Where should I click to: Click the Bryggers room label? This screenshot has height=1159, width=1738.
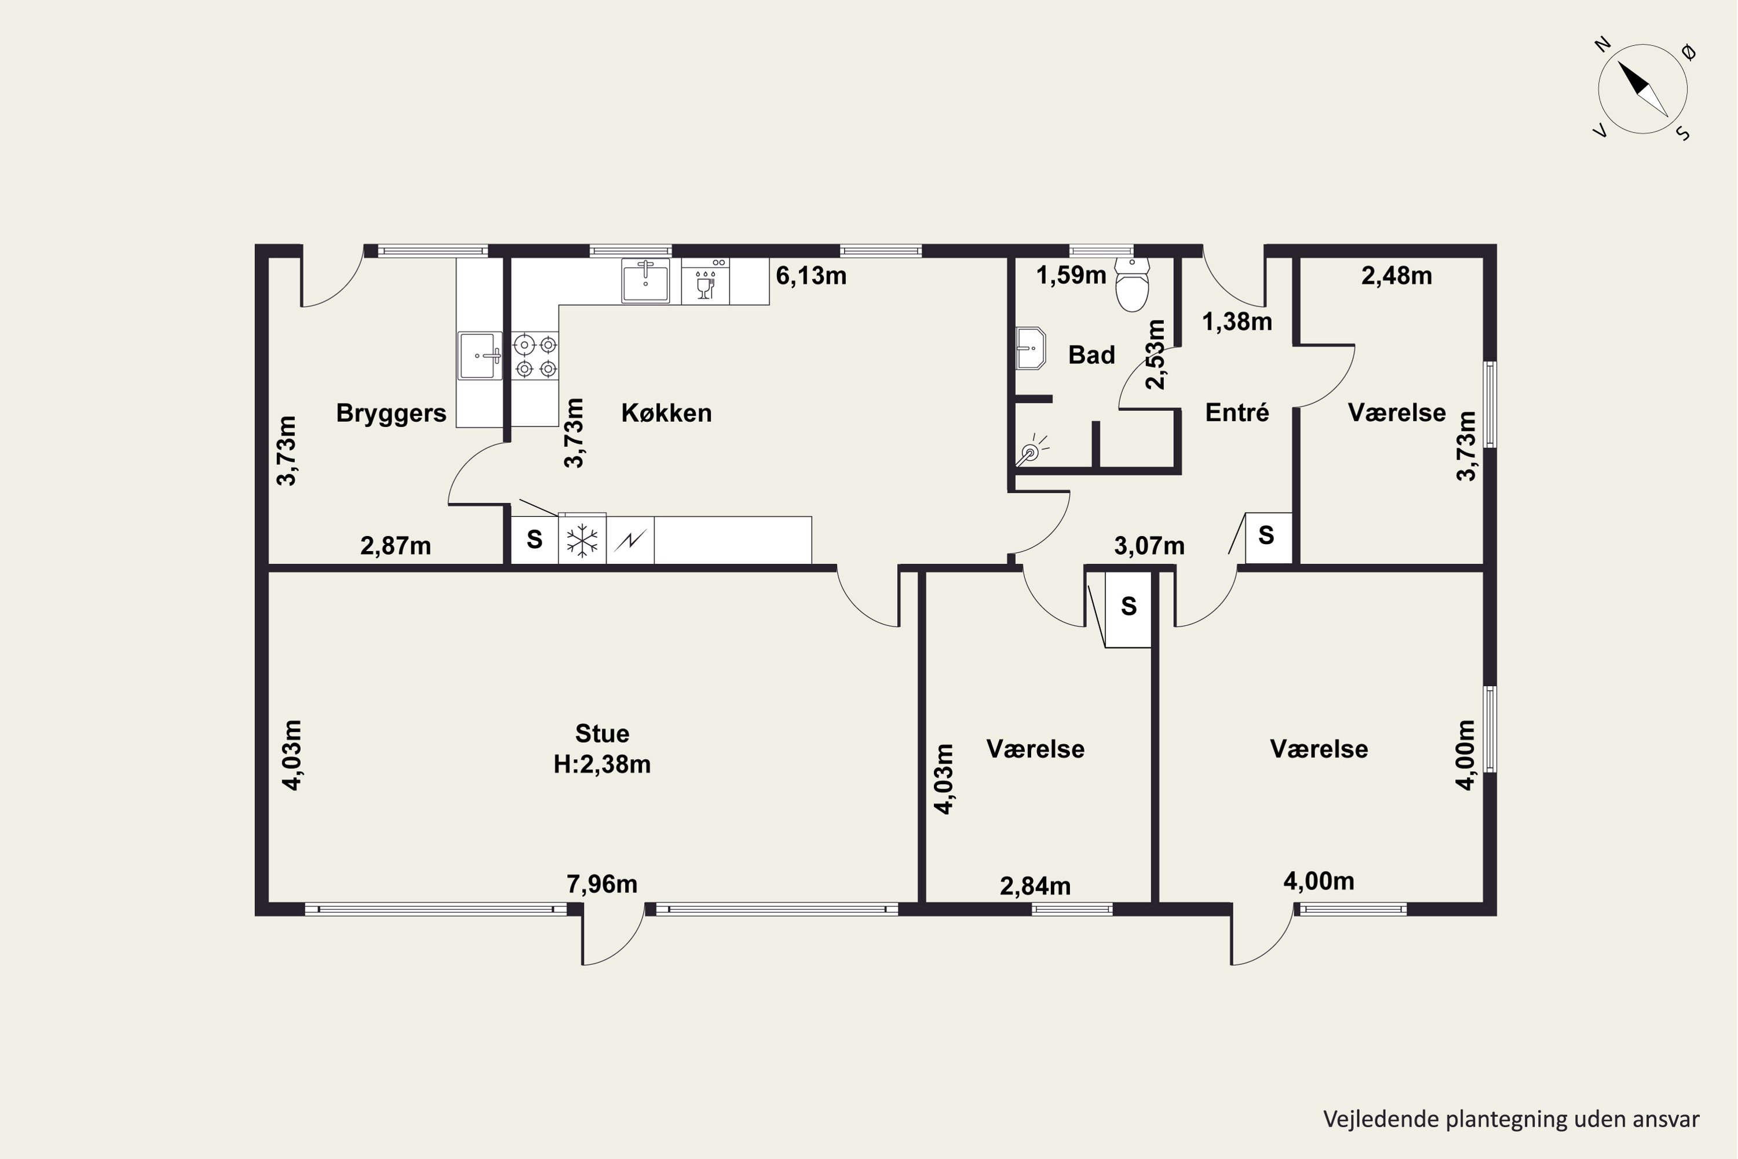tap(391, 413)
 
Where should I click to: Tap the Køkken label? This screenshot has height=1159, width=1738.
tap(667, 413)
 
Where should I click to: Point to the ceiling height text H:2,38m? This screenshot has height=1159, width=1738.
tap(603, 764)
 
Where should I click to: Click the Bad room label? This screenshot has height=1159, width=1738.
tap(1091, 356)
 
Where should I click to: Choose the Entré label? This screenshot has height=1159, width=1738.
tap(1237, 413)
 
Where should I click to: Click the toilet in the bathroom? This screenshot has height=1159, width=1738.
tap(1132, 285)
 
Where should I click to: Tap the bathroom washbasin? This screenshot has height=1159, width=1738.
tap(1030, 348)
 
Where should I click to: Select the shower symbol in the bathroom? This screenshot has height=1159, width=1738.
tap(1031, 451)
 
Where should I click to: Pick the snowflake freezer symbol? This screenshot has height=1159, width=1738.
tap(582, 540)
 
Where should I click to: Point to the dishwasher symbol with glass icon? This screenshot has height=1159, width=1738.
tap(706, 282)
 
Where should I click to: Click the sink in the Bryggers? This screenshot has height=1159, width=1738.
tap(480, 356)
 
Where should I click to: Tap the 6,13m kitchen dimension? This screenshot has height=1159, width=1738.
tap(810, 276)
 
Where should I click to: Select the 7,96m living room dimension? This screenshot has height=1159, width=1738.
tap(601, 884)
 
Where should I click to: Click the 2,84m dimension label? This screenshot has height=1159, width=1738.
tap(1035, 886)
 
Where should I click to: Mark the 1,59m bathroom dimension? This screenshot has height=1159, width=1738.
tap(1071, 276)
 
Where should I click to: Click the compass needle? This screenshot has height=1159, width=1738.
tap(1642, 89)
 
